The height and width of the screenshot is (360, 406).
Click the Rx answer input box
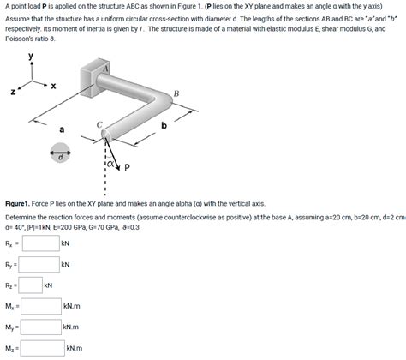click(x=41, y=243)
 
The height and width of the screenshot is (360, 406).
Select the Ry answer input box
click(x=39, y=264)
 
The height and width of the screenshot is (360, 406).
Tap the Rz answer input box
click(x=31, y=285)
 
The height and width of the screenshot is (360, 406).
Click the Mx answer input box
click(x=41, y=306)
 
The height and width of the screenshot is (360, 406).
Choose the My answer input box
click(x=41, y=327)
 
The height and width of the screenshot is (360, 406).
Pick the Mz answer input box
click(x=43, y=348)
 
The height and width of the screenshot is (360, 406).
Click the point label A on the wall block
click(x=105, y=69)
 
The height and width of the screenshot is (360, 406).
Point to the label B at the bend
click(x=176, y=93)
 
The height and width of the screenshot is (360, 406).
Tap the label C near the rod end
click(x=99, y=125)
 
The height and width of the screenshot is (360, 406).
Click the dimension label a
click(x=62, y=129)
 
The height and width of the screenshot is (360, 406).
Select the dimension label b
click(x=164, y=125)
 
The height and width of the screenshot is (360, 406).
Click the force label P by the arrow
click(x=127, y=167)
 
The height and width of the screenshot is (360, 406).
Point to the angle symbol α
click(x=110, y=165)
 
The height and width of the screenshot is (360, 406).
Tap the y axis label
click(x=31, y=56)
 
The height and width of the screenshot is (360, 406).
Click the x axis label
click(x=53, y=86)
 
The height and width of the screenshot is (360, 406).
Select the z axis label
click(x=13, y=92)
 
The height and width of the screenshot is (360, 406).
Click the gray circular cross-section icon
click(x=60, y=153)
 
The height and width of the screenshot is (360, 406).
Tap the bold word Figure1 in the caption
click(x=17, y=204)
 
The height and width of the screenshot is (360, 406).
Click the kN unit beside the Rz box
click(x=48, y=285)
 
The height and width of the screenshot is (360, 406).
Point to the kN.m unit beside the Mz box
click(x=75, y=348)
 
